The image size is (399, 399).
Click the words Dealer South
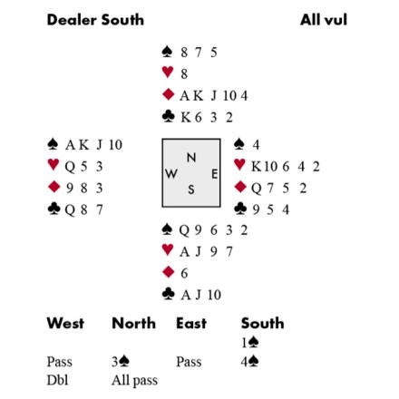click(95, 20)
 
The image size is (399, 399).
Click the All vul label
click(324, 20)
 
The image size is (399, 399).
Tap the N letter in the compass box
click(191, 158)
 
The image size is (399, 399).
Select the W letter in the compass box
click(171, 174)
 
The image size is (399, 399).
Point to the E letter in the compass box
click(214, 174)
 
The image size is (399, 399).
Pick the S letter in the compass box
click(191, 190)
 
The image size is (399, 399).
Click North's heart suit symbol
click(168, 72)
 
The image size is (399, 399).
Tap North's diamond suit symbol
click(168, 94)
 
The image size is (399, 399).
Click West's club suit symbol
click(54, 209)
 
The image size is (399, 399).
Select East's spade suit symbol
click(239, 144)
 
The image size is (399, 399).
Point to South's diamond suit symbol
click(168, 272)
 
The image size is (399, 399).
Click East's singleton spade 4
click(256, 145)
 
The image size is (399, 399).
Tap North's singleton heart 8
click(184, 73)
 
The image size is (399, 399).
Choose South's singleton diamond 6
click(184, 273)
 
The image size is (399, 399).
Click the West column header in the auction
click(65, 323)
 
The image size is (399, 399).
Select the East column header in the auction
click(191, 323)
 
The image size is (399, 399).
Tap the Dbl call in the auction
click(57, 380)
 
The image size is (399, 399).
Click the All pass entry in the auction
click(134, 381)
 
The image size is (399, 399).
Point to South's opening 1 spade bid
click(249, 343)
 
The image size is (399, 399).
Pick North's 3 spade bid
click(121, 362)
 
